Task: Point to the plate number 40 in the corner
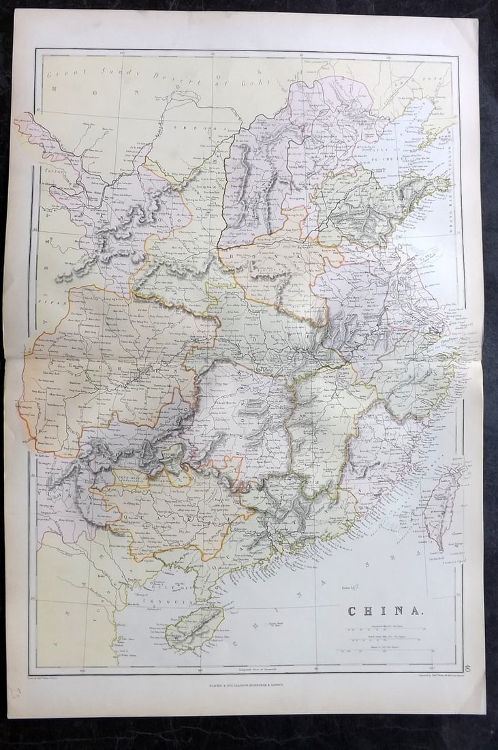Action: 467,669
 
